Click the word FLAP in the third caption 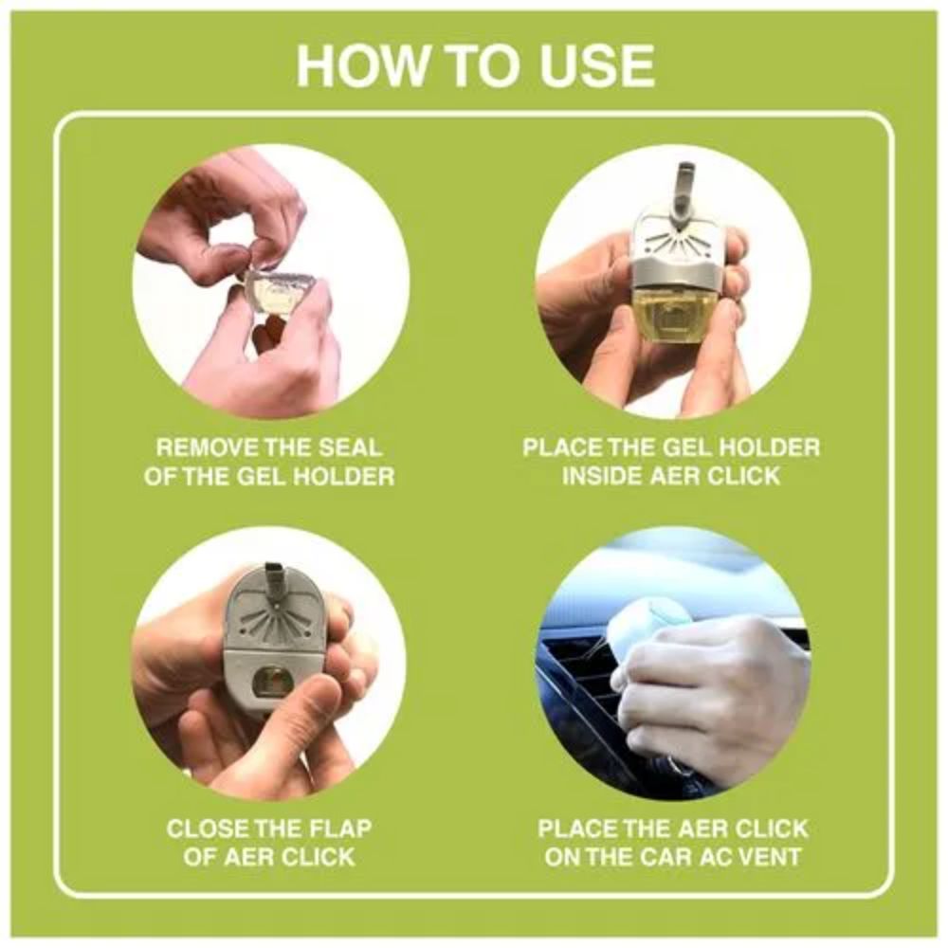pyautogui.click(x=340, y=829)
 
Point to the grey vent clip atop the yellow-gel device pyautogui.click(x=688, y=193)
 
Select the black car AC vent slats pyautogui.click(x=580, y=684)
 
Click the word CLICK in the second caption pyautogui.click(x=743, y=477)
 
